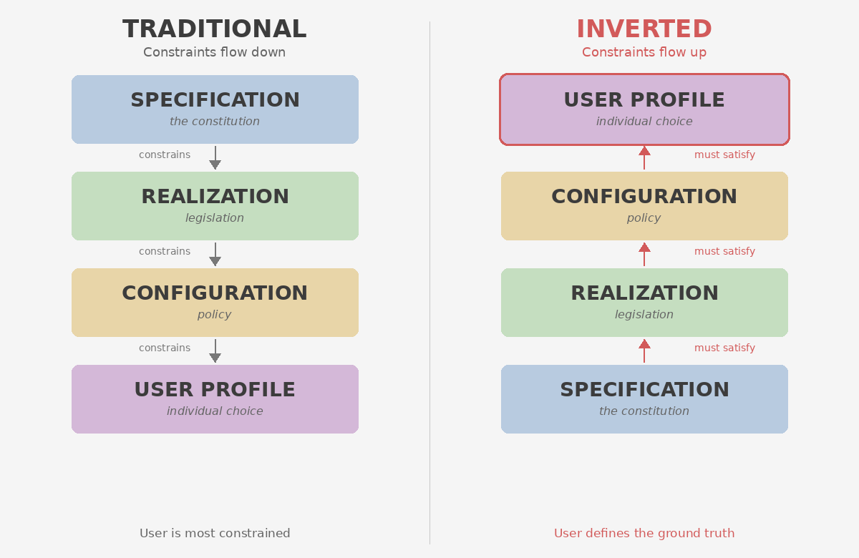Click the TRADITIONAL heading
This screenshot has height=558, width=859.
215,29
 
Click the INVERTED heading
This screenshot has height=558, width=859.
644,29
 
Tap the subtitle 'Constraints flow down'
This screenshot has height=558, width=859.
215,52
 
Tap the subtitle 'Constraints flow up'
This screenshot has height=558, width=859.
644,52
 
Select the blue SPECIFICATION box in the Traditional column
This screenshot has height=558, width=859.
215,109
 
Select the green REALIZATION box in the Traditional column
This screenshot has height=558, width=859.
215,206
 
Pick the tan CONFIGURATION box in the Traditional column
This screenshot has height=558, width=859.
215,303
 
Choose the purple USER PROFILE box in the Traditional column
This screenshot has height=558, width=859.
215,399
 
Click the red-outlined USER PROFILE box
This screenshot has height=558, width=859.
644,109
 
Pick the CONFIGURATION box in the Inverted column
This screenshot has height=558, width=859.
644,206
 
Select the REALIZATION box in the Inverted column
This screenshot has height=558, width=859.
644,303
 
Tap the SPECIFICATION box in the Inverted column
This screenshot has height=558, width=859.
644,399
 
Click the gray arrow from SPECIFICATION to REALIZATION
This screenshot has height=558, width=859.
215,158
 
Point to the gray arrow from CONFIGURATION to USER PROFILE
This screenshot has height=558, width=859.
215,351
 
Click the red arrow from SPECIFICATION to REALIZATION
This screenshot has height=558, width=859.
644,351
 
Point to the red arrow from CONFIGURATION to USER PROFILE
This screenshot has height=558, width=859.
644,157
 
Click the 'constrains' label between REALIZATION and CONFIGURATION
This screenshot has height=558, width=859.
165,251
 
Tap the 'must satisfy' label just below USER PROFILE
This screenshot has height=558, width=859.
724,155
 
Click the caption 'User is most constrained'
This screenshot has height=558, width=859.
215,533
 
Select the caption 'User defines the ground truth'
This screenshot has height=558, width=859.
644,533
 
